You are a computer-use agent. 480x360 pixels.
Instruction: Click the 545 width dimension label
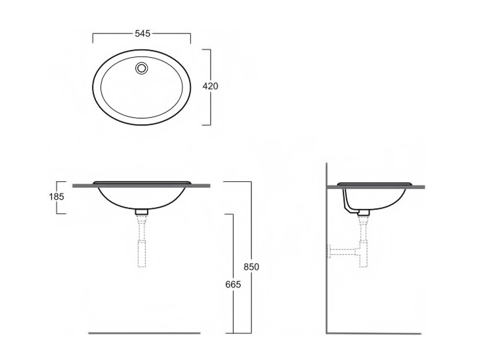[x=143, y=34]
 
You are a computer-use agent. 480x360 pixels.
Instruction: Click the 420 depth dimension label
[x=211, y=86]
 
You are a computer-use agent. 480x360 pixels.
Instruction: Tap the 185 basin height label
[x=56, y=197]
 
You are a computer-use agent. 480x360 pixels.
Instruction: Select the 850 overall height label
[x=251, y=267]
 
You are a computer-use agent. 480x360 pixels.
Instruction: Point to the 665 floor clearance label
[x=233, y=284]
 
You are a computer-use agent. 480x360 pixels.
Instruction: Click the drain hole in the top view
[x=142, y=68]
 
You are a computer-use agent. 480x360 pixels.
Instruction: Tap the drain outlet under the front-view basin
[x=142, y=212]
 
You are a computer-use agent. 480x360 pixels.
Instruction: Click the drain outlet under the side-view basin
[x=364, y=212]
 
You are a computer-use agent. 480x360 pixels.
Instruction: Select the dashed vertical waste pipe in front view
[x=142, y=241]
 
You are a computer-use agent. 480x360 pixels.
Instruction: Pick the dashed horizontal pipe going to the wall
[x=343, y=251]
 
